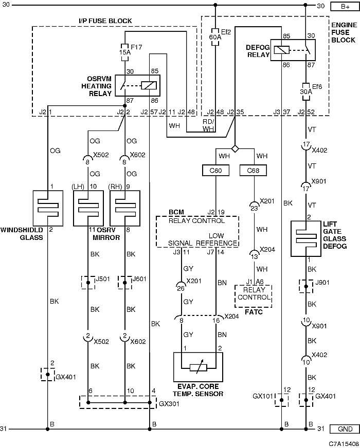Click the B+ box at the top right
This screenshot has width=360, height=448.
[345, 6]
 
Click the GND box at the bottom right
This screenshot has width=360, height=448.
[345, 429]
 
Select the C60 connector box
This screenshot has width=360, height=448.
[215, 171]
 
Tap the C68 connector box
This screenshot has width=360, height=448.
[253, 171]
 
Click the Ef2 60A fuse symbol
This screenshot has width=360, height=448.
[215, 37]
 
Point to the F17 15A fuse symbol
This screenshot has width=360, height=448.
[125, 52]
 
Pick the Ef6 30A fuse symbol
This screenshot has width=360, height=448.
[305, 92]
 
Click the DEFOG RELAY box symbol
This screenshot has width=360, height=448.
[293, 50]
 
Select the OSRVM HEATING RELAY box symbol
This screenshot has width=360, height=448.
[137, 85]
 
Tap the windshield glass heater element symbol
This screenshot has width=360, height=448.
[48, 208]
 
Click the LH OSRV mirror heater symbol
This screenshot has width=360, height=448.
[88, 208]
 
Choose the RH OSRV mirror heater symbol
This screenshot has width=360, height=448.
[125, 208]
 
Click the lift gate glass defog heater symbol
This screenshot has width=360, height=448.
[306, 238]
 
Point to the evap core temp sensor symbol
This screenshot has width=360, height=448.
[198, 367]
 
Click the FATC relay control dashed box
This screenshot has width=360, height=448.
[254, 296]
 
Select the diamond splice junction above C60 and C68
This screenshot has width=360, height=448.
[235, 148]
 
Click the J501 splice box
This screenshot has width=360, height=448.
[88, 283]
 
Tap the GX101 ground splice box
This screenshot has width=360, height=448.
[282, 400]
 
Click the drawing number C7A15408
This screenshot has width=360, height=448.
[344, 444]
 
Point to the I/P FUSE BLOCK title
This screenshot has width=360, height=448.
[105, 21]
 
